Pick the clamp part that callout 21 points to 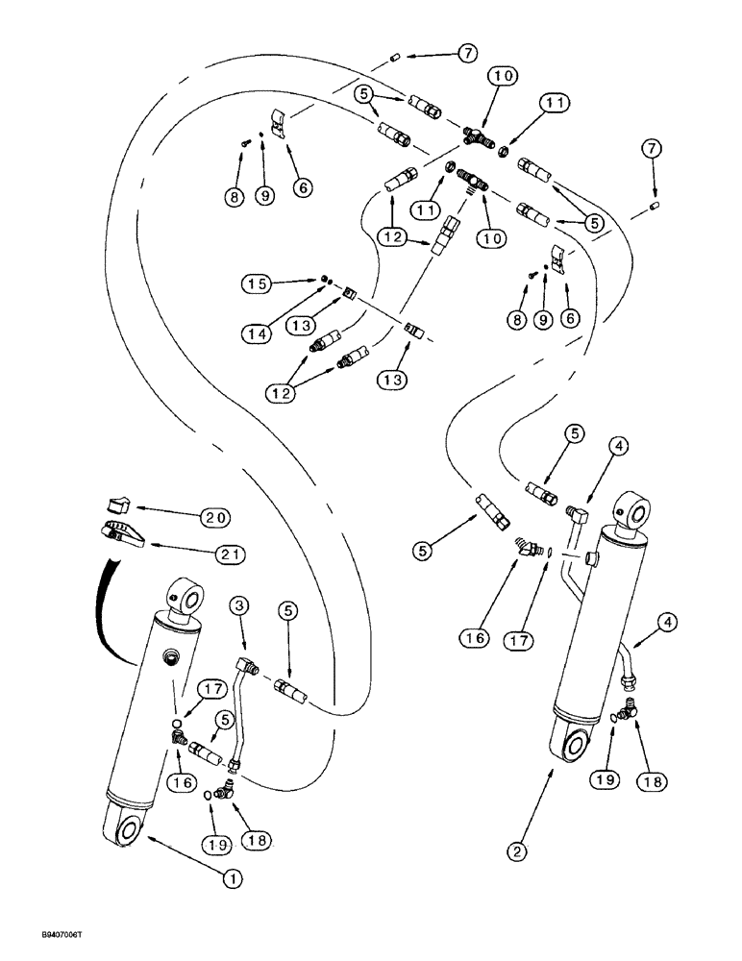[120, 531]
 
